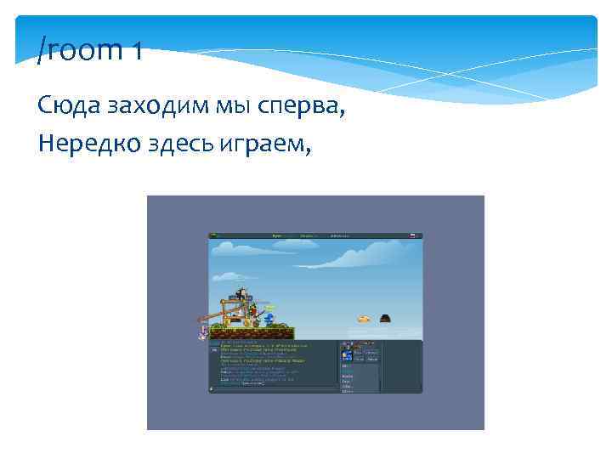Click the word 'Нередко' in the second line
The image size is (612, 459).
83,144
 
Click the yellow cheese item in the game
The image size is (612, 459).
363,319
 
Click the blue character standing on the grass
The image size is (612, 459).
269,319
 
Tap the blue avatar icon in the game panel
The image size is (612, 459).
347,355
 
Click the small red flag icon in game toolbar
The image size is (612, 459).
411,235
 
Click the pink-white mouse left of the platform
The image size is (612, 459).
203,330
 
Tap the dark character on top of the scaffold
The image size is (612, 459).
241,294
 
